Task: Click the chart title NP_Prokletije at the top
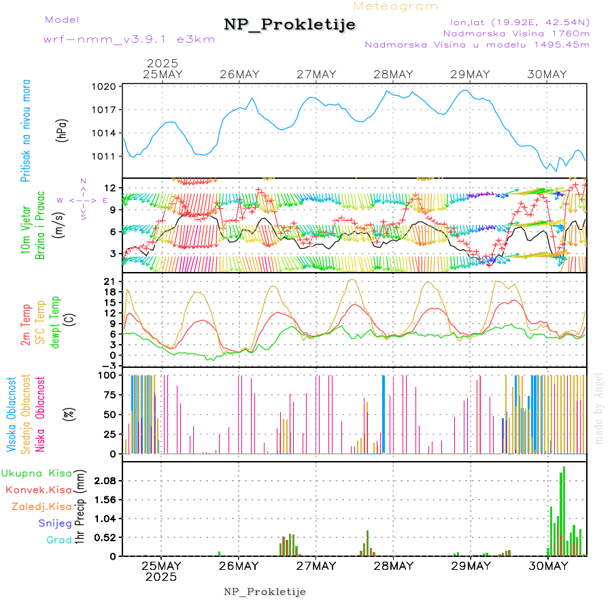pos(290,24)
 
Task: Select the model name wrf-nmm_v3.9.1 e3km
pos(129,39)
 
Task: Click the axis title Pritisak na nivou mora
pos(27,131)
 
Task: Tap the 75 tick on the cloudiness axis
pos(109,394)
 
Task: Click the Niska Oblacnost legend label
pos(40,414)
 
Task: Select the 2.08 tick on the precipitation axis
pos(105,481)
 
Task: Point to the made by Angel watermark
pos(599,408)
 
